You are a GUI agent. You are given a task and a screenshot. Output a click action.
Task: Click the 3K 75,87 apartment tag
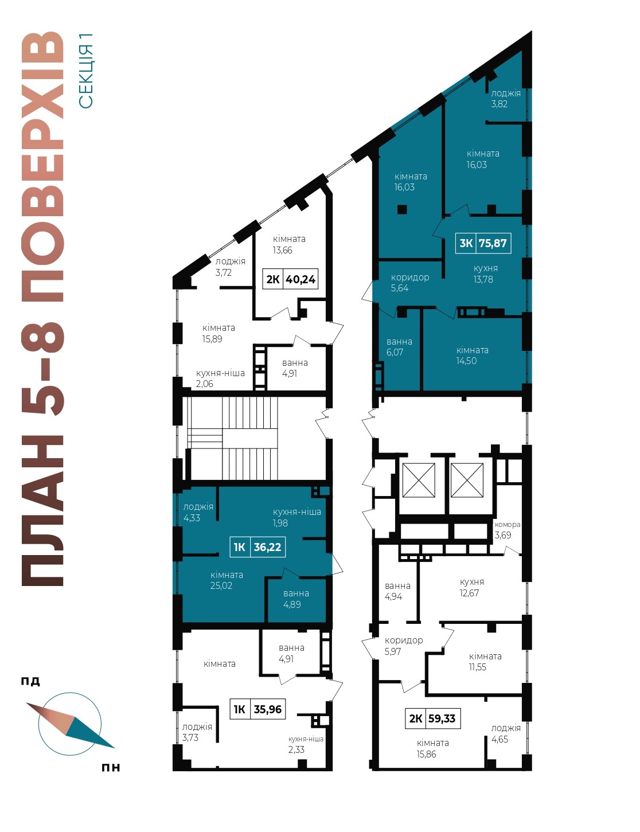point(483,243)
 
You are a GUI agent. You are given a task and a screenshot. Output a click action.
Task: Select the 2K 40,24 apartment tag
point(290,279)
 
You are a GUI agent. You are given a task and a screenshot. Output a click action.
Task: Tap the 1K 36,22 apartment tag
point(257,547)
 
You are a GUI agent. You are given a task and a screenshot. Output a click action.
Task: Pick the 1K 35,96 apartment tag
point(257,709)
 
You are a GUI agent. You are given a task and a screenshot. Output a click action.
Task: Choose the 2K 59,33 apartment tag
point(433,718)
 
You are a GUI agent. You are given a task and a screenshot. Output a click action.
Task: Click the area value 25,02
point(221,585)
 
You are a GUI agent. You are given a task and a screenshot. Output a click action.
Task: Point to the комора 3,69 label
point(507,529)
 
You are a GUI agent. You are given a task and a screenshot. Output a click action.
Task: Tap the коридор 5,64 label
point(410,283)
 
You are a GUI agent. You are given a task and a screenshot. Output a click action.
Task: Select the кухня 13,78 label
point(485,274)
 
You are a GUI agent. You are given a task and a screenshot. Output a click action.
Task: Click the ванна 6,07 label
point(399,347)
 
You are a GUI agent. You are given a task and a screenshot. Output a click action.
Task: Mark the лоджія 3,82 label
point(506,99)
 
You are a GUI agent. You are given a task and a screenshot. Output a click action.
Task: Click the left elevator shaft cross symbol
point(419,480)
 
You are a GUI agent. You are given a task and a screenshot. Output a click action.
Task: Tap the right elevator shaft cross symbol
point(467,480)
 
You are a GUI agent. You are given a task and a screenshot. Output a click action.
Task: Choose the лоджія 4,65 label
point(506,733)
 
